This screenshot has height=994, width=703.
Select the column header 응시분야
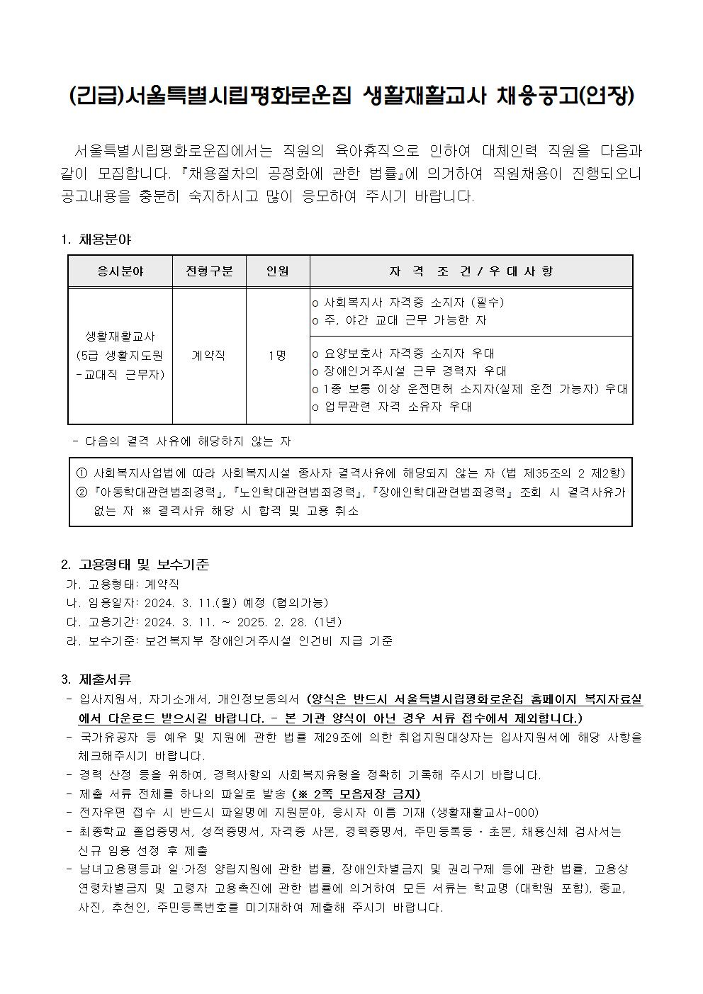click(120, 271)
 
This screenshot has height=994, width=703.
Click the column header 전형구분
click(210, 271)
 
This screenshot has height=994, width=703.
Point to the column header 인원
click(277, 271)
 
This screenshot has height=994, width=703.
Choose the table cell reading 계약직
click(209, 356)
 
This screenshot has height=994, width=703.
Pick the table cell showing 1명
click(277, 356)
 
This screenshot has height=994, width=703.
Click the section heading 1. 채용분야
click(96, 239)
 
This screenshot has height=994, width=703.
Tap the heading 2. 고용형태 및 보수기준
click(135, 565)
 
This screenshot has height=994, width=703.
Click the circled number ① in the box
click(81, 473)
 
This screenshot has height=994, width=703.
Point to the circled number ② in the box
click(81, 492)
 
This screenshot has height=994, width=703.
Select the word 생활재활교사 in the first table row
click(120, 336)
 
